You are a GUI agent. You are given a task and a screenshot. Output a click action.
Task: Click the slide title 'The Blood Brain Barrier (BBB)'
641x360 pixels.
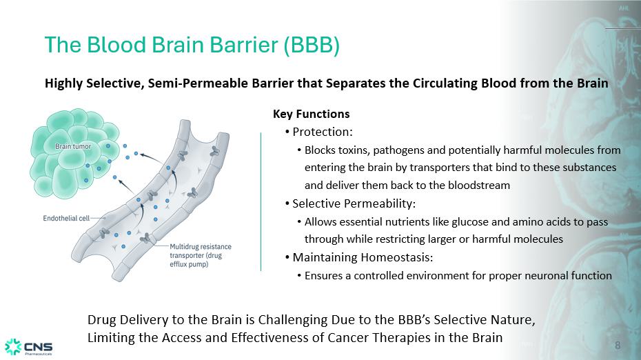coord(192,45)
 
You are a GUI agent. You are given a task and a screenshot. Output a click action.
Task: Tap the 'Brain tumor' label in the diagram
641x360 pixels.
coord(73,146)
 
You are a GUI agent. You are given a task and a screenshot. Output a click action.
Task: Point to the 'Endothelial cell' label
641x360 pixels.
coord(66,219)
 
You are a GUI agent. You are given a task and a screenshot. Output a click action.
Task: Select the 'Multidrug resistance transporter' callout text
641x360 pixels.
coord(201,255)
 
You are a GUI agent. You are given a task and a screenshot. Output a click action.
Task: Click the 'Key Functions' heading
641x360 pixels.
coord(311,114)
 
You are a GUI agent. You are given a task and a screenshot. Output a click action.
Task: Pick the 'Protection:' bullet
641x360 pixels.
coord(323,132)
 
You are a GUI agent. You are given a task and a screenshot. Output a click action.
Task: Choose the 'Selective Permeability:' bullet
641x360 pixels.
coord(354,203)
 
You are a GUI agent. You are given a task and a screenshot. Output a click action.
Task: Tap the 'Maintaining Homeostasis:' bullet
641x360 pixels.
coord(363,257)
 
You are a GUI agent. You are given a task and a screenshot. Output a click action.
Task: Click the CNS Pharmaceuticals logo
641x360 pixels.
coord(29,347)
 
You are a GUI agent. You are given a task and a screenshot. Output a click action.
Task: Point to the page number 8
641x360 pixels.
coord(618,346)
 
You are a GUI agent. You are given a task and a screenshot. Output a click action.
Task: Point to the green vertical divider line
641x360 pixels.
coord(261,201)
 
